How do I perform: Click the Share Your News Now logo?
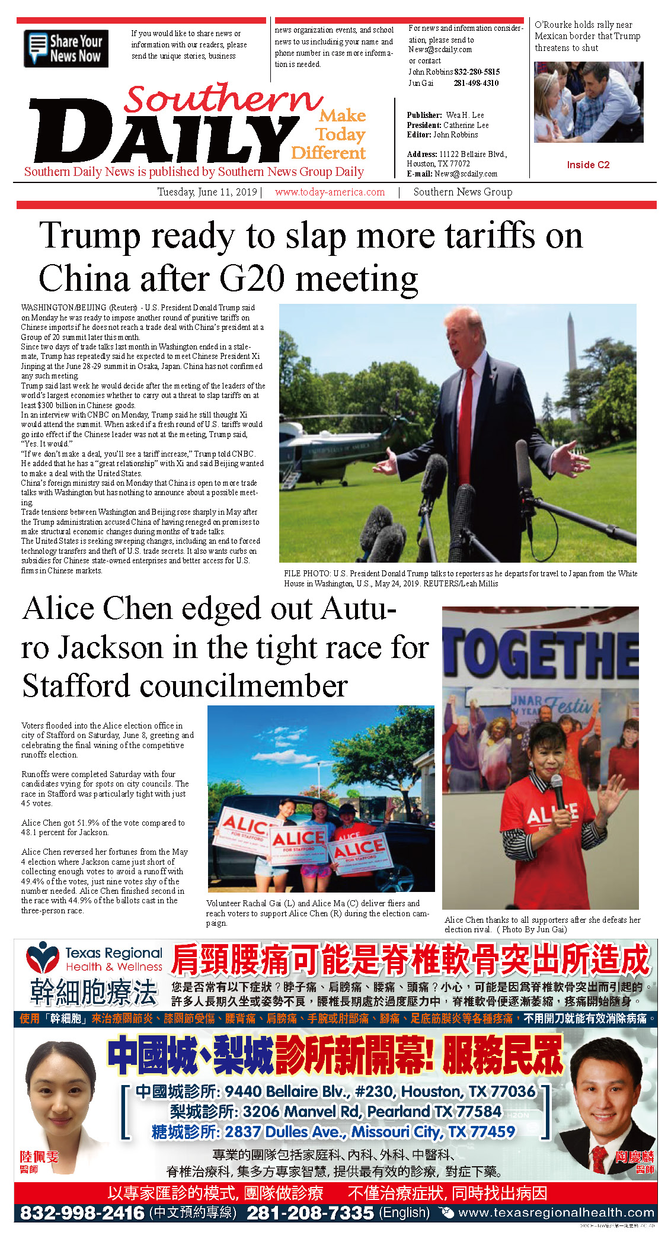pos(66,49)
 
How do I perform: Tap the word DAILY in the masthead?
pos(163,134)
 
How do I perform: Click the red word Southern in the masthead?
pos(222,99)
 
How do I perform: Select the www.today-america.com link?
pos(330,192)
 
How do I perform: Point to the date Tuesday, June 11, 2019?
pos(207,192)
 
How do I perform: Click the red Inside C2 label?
pos(588,165)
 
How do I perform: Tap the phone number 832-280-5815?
pos(477,72)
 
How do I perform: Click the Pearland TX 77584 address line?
pos(335,1111)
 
